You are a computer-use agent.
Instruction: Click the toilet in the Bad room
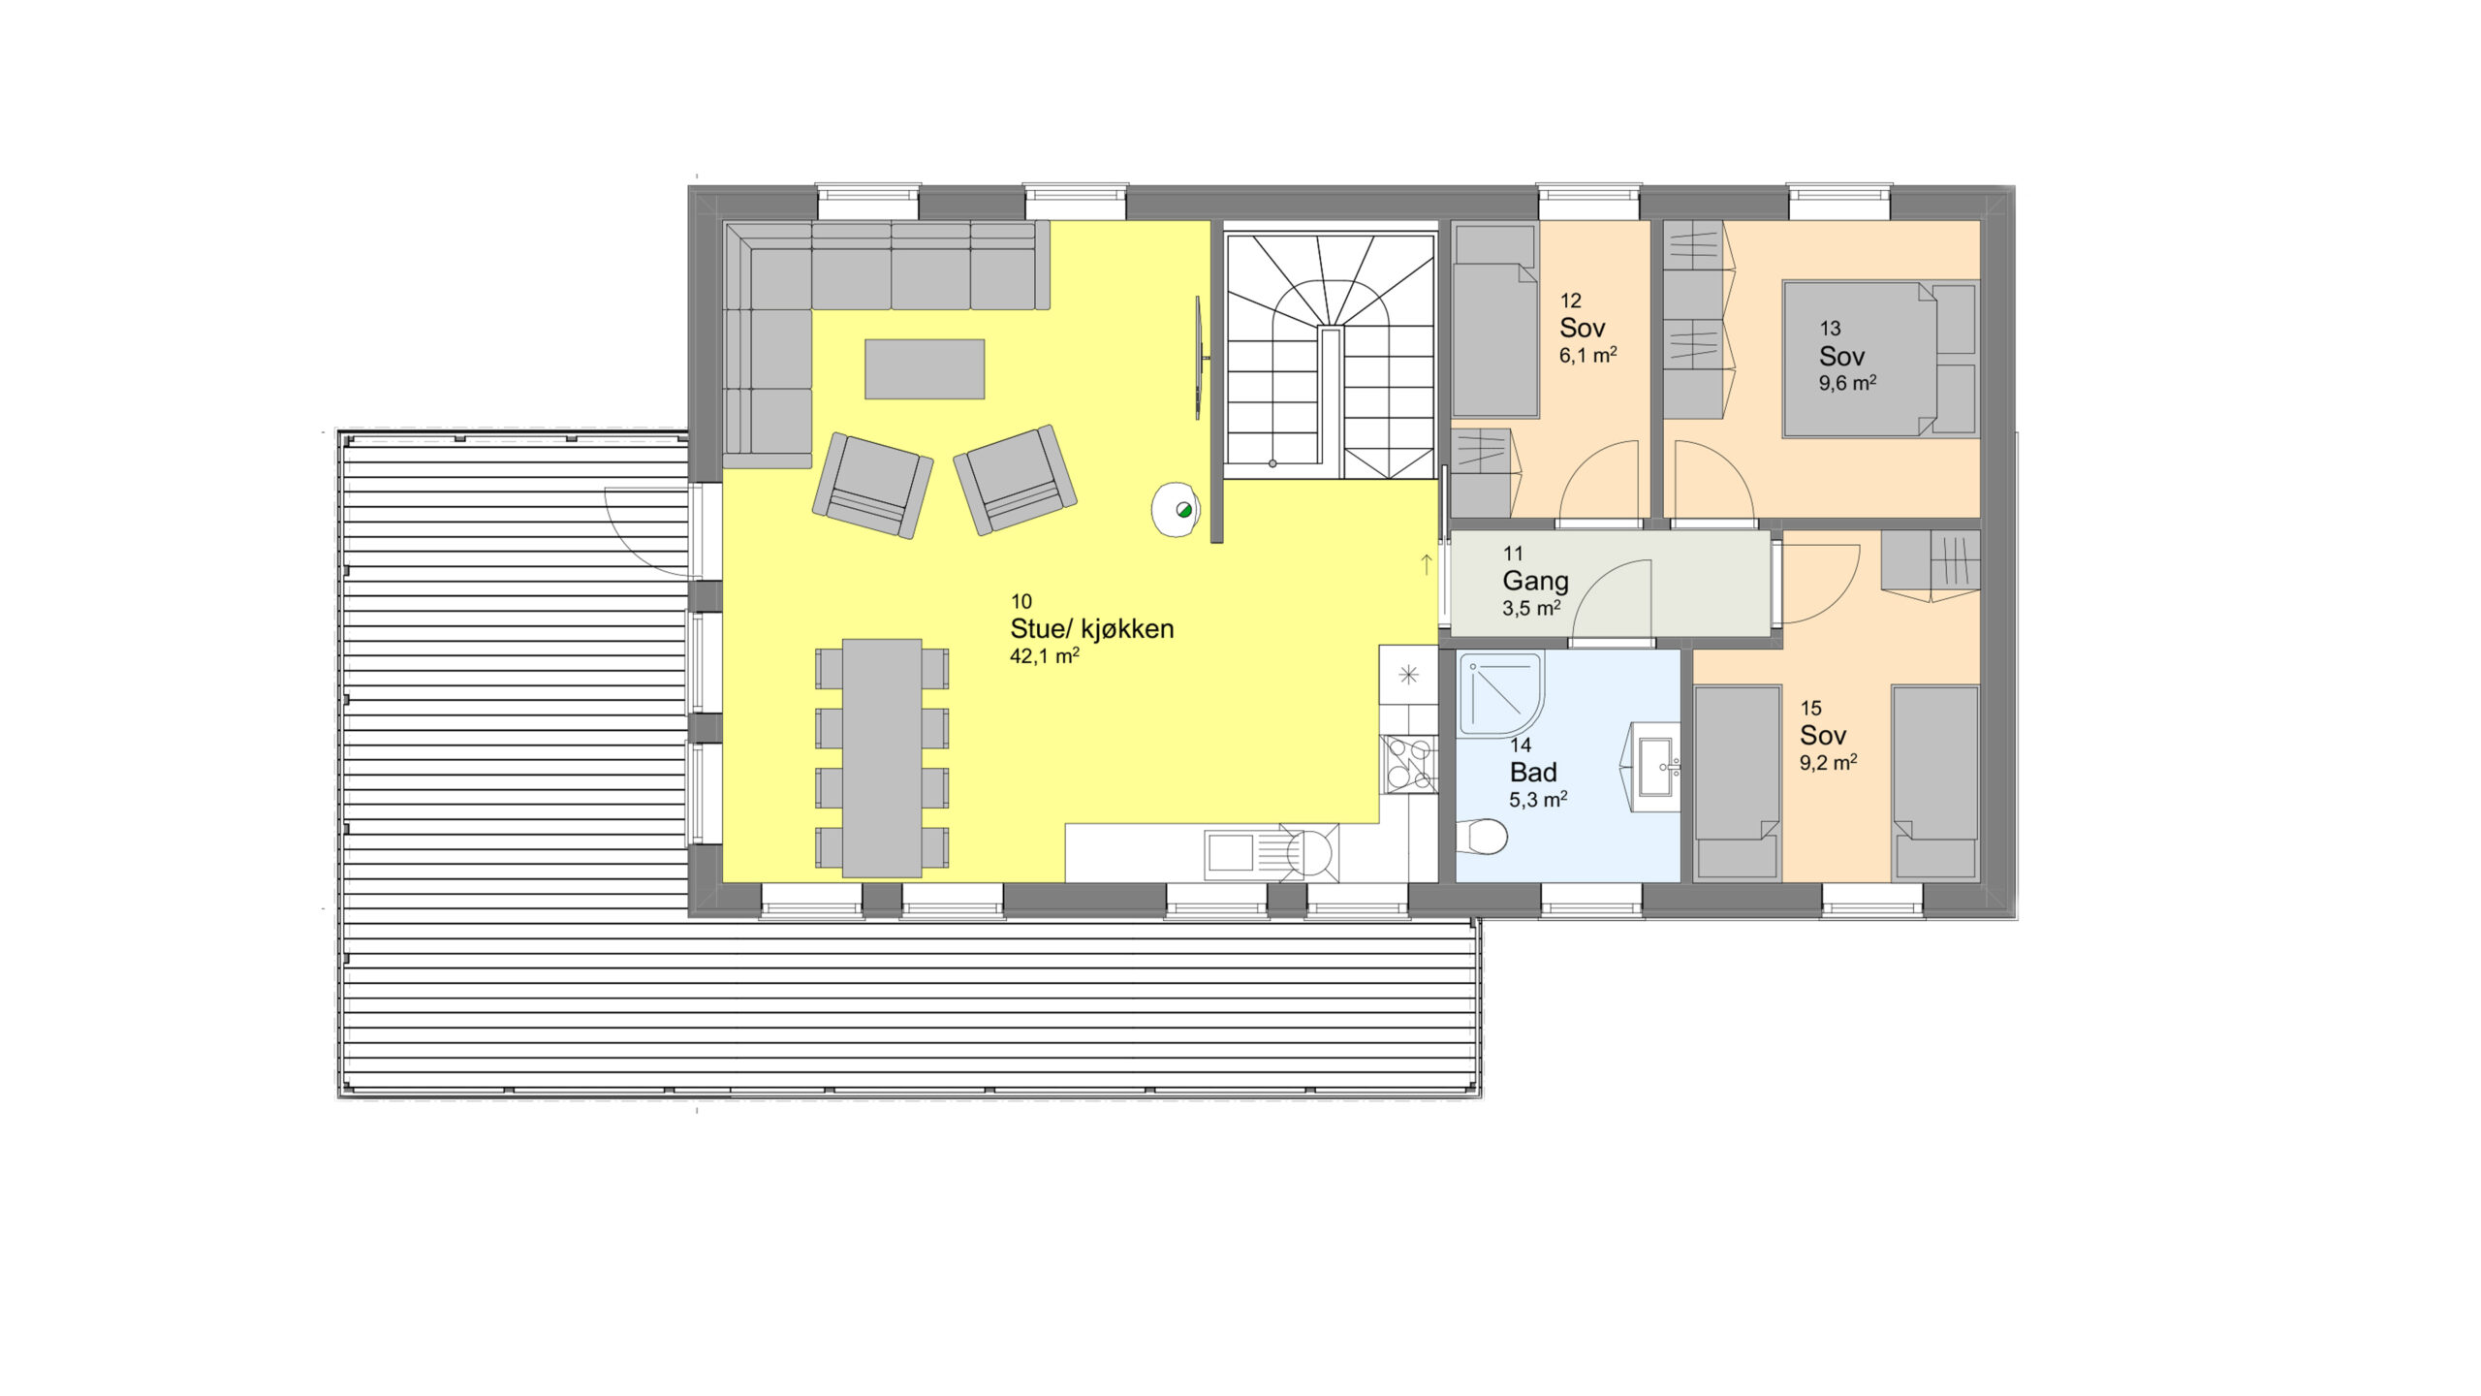[x=1482, y=836]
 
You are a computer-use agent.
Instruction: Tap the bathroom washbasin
[x=1653, y=767]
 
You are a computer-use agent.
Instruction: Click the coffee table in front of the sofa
[x=925, y=368]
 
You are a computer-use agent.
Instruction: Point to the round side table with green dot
[x=1177, y=509]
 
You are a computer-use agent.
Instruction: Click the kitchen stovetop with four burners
[x=1409, y=764]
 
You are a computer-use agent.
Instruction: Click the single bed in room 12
[x=1495, y=320]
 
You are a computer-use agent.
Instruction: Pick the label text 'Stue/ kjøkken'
[x=1091, y=628]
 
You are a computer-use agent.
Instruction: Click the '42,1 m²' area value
[x=1044, y=656]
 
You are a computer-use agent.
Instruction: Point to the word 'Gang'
[x=1535, y=582]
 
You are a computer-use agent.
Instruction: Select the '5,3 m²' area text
[x=1538, y=800]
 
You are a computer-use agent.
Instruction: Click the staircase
[x=1330, y=350]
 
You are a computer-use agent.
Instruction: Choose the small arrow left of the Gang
[x=1427, y=564]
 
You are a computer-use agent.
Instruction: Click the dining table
[x=882, y=757]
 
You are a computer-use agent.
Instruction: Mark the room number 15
[x=1810, y=709]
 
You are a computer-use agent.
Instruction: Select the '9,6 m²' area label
[x=1847, y=383]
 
